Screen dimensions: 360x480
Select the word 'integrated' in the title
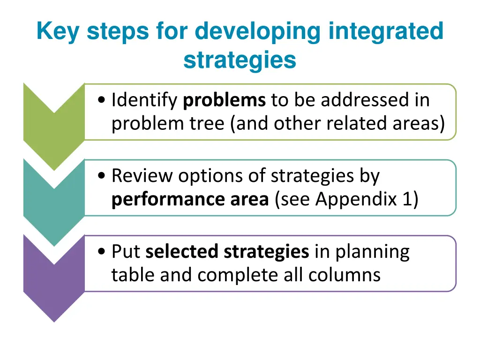click(386, 32)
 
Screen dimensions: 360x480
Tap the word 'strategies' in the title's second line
click(240, 60)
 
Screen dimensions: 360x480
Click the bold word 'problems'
click(224, 100)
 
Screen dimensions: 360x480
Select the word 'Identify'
click(144, 100)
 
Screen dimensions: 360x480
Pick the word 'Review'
click(142, 176)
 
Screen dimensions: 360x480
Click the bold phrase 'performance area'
click(190, 199)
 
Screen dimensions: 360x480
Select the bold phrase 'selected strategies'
click(227, 252)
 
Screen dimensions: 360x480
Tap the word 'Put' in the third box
click(126, 252)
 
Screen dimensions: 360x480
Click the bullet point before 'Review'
click(102, 176)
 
